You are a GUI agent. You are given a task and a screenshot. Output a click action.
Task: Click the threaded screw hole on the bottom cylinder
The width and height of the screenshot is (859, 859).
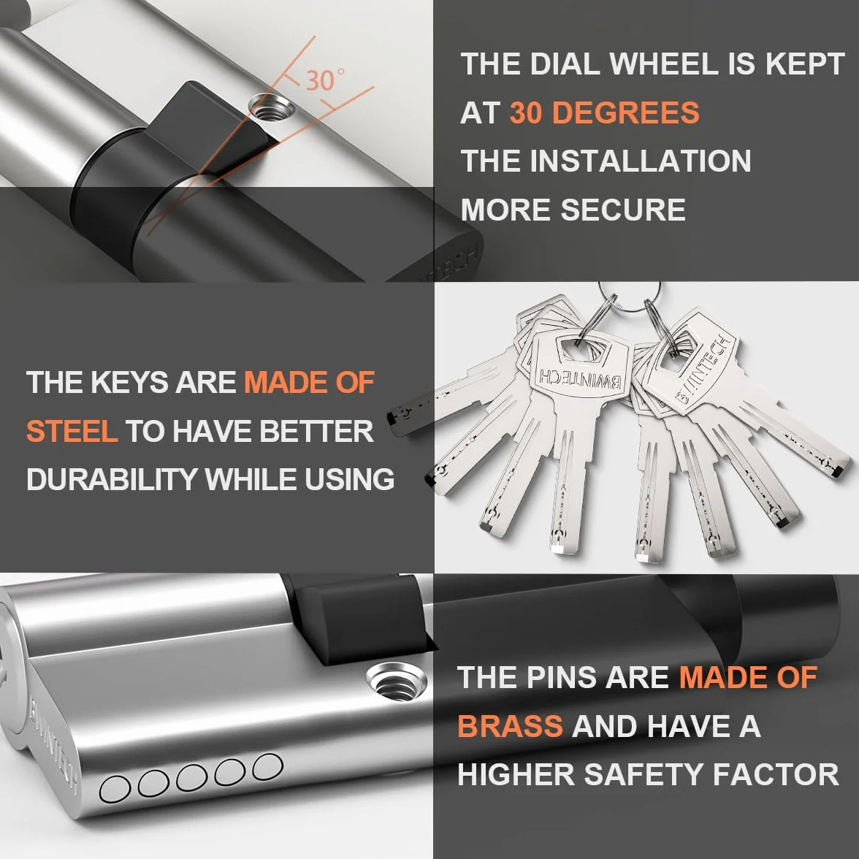pos(397,681)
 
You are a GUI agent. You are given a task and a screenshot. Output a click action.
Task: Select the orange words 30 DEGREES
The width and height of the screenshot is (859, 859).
pos(604,112)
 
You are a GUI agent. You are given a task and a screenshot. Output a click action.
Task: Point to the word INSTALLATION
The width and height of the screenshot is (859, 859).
pos(641,161)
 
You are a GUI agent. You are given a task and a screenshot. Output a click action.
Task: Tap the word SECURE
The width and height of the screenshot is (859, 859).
pos(623,209)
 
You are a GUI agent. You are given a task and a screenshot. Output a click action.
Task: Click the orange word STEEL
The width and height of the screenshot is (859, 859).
pos(72,431)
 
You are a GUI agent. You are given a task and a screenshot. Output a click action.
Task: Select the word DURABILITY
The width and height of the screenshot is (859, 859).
pos(112,479)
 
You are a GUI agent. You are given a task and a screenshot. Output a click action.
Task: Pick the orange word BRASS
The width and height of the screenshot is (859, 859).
pos(510,726)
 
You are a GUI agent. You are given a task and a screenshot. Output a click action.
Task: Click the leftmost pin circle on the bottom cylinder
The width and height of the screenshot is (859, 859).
pos(115,790)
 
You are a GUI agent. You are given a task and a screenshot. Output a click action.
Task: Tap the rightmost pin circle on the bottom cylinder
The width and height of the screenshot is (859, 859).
pos(268,766)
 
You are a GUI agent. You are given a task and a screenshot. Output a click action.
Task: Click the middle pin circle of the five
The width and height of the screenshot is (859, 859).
pos(191,778)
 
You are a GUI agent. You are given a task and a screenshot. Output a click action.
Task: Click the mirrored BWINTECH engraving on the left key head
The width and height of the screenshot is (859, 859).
pos(580,378)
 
